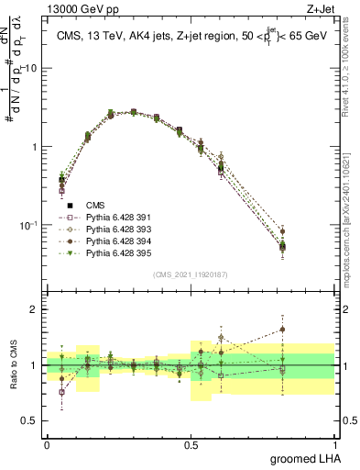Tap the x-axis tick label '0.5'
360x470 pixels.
[191, 444]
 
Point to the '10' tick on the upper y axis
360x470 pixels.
[31, 69]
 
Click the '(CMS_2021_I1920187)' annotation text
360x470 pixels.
[191, 274]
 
